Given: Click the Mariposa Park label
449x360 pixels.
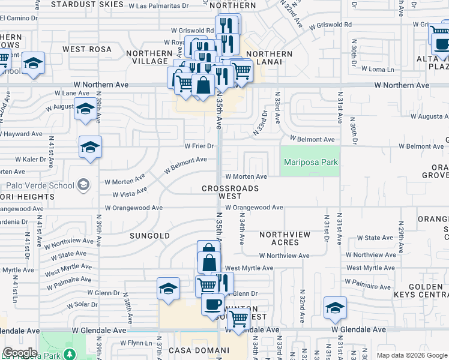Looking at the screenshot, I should pos(311,162).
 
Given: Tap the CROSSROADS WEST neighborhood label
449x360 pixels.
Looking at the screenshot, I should pos(231,192).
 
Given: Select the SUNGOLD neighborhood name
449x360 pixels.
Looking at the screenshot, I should pos(150,236).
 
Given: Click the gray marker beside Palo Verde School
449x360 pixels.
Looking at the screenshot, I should pos(84,185).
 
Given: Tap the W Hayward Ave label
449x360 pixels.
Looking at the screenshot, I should pos(22,134).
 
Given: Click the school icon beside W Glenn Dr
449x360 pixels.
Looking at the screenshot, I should pos(168,289).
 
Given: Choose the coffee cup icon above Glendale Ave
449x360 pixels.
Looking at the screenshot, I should pos(212,304).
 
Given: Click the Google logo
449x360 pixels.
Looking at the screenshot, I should pos(20,353).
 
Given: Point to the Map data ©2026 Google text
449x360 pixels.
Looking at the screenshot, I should pos(411,355).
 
